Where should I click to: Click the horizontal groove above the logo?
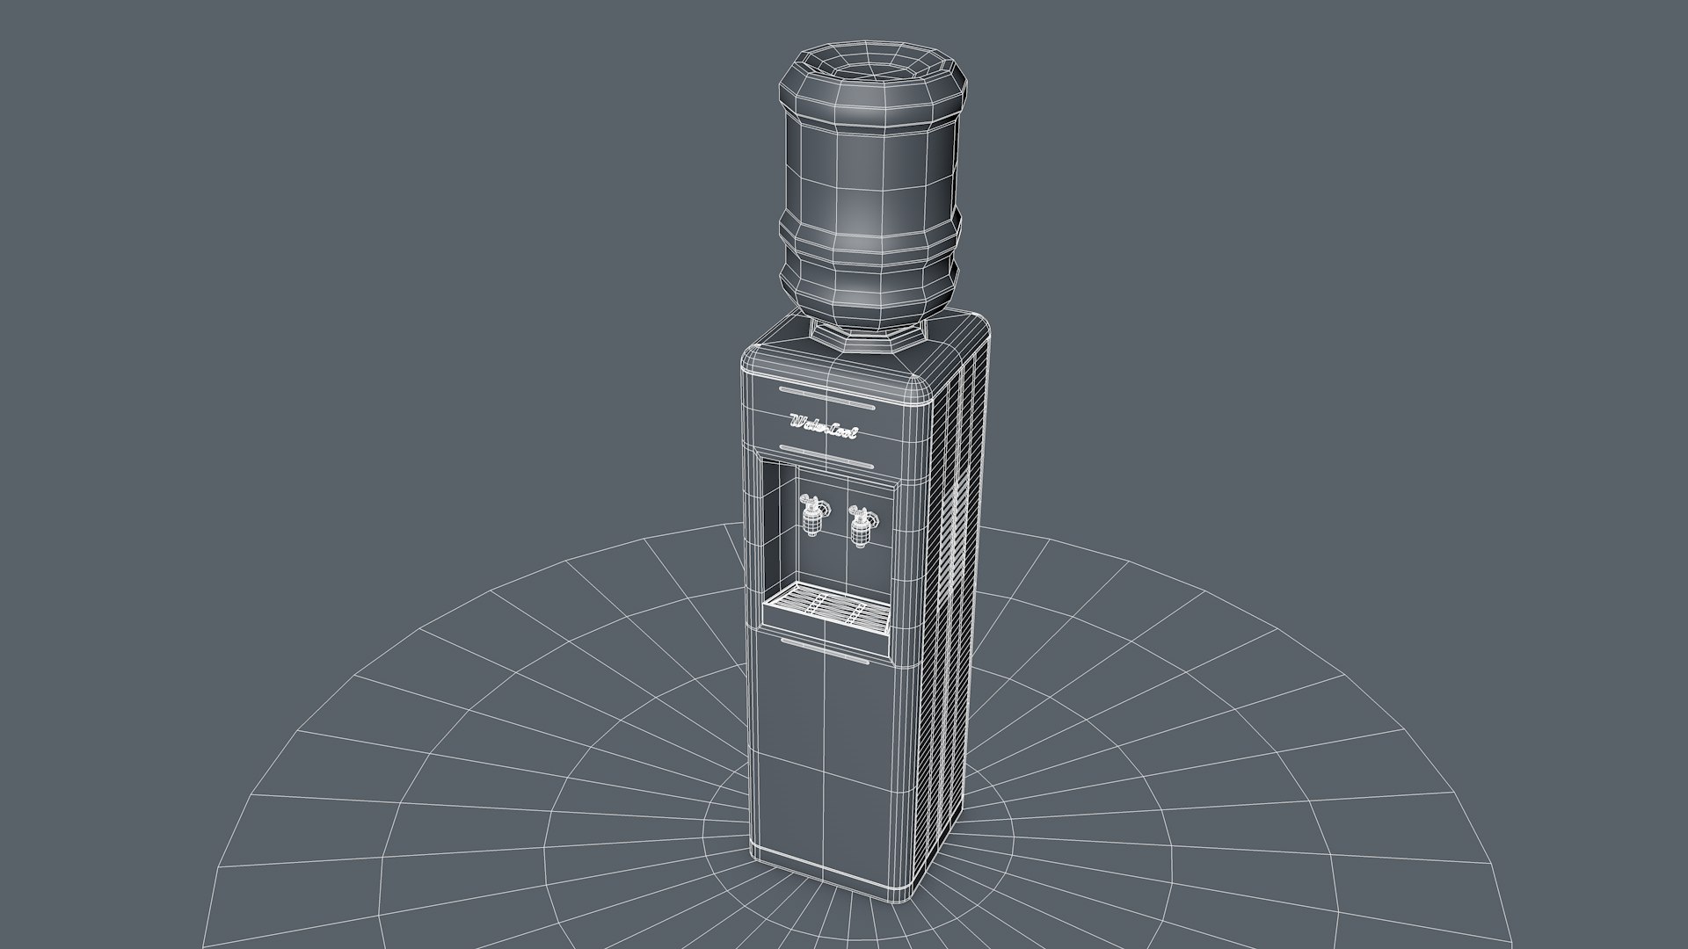(826, 396)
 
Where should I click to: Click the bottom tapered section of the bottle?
(866, 299)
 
